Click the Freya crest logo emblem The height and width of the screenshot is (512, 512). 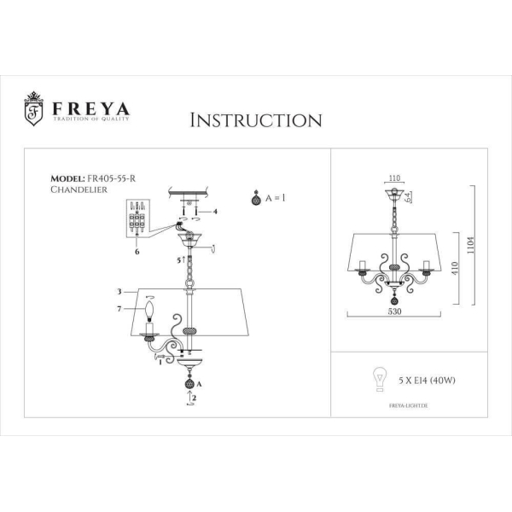[34, 109]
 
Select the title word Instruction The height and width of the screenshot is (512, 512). [255, 119]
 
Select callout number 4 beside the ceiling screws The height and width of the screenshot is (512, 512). [216, 211]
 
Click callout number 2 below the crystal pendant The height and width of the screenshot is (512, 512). [195, 398]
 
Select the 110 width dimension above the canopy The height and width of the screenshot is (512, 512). [393, 180]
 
